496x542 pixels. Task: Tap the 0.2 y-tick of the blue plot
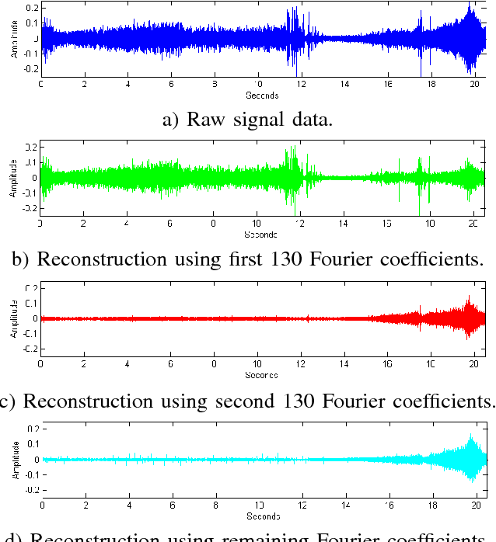point(31,8)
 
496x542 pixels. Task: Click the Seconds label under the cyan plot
point(263,516)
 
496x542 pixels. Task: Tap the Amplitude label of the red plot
point(13,318)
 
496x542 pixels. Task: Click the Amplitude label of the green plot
point(13,178)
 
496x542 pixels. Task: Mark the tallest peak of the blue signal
point(470,5)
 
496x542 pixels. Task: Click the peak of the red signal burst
point(469,297)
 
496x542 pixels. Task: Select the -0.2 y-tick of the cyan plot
point(30,491)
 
